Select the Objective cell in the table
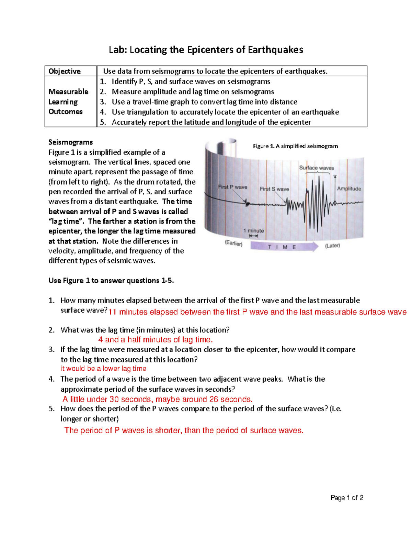coord(65,71)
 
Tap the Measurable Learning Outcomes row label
coord(68,101)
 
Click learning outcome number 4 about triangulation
coord(225,112)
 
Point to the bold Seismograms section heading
coord(71,142)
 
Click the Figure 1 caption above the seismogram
coord(295,146)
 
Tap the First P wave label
coord(232,187)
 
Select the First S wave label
coord(274,189)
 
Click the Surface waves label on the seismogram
coord(316,168)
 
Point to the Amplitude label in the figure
coord(349,188)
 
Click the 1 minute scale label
coord(253,231)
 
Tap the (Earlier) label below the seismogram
coord(233,243)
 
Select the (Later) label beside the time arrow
coord(332,246)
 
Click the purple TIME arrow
coord(284,247)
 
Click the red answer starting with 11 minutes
coord(257,312)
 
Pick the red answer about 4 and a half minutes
coord(155,340)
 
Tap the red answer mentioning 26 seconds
coord(157,399)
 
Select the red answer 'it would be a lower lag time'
coord(103,369)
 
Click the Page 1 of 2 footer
coord(347,498)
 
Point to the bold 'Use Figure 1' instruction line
coord(111,281)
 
